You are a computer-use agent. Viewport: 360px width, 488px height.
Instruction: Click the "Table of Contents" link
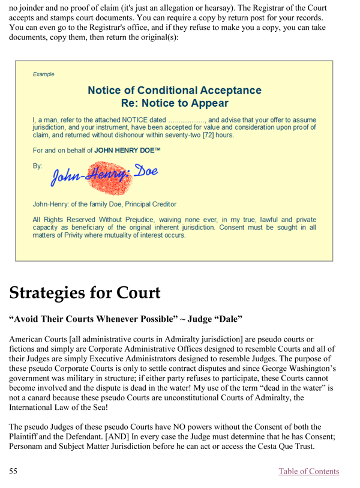pos(308,471)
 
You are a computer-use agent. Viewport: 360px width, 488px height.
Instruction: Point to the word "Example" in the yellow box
pos(43,74)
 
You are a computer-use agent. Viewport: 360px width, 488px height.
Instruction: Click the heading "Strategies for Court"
pos(85,292)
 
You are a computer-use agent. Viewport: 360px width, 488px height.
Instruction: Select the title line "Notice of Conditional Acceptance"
pos(175,91)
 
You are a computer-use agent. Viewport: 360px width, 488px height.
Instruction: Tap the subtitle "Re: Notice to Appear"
pos(175,103)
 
